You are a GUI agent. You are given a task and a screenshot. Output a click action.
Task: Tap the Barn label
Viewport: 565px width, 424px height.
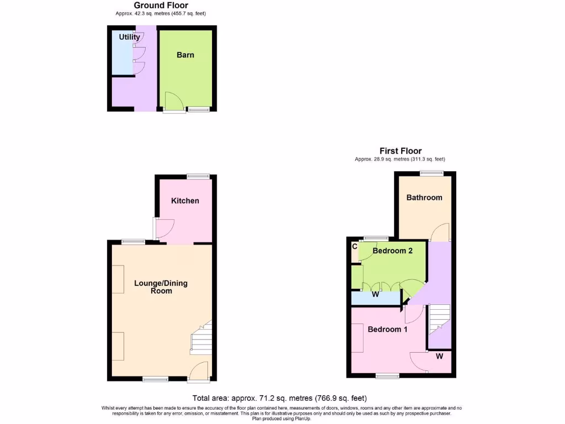click(x=185, y=55)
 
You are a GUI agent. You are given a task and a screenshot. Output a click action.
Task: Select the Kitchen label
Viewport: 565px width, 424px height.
click(x=185, y=201)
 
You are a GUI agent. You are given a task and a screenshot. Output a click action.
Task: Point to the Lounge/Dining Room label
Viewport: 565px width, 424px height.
click(x=161, y=287)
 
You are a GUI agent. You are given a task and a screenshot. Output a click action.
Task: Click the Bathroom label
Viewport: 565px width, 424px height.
click(x=424, y=198)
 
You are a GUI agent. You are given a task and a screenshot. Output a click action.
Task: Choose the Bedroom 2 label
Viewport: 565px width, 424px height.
click(x=393, y=251)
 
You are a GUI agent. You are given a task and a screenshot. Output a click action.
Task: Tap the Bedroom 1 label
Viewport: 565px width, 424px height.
click(x=388, y=330)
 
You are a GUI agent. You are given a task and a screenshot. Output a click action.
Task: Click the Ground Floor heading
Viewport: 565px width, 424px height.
click(x=161, y=6)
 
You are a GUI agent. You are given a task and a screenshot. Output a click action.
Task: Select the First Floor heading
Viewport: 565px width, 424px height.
click(x=401, y=151)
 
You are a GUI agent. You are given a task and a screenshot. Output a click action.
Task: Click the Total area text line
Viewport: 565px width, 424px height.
click(x=280, y=398)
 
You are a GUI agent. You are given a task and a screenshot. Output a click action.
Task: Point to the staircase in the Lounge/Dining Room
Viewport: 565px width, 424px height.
click(x=202, y=338)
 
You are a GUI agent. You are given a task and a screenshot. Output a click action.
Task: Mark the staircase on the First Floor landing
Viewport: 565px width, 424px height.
click(x=440, y=320)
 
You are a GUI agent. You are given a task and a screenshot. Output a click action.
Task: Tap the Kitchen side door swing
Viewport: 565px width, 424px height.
click(x=164, y=227)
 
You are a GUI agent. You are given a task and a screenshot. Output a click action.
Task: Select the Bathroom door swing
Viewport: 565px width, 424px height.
click(x=440, y=233)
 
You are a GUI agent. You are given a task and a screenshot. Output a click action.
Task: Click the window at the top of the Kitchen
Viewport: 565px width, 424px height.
click(x=198, y=176)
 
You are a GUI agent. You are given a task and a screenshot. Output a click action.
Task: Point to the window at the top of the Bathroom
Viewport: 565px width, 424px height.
click(x=431, y=173)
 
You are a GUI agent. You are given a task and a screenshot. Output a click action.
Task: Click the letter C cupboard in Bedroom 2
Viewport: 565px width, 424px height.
click(x=354, y=247)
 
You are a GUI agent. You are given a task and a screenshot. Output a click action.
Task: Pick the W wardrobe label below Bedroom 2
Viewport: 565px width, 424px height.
click(x=375, y=294)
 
